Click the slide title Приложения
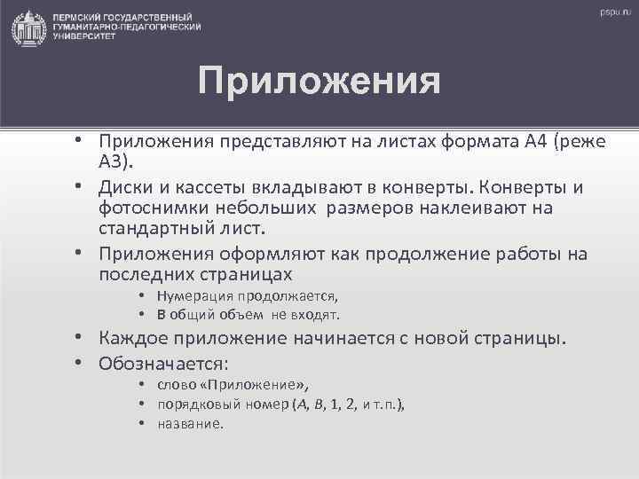[319, 82]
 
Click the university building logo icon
[29, 29]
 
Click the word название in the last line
[190, 423]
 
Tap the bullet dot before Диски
[79, 188]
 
